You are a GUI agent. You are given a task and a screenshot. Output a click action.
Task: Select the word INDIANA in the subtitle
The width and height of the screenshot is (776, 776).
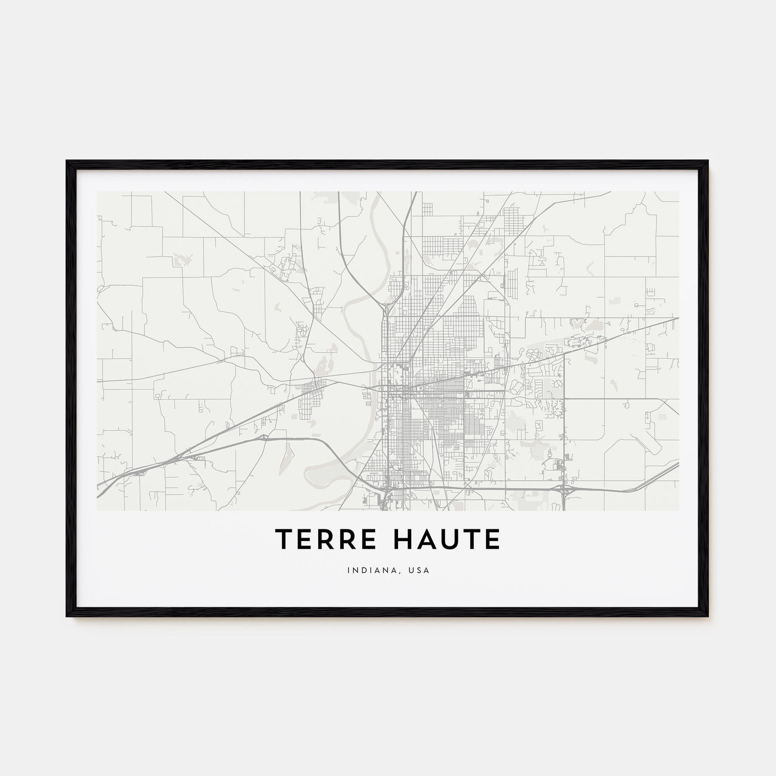tap(366, 570)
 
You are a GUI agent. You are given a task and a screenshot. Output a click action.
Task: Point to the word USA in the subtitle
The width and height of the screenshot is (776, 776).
tap(418, 570)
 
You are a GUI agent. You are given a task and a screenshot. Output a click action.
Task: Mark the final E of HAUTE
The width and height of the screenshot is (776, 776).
tap(492, 539)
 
